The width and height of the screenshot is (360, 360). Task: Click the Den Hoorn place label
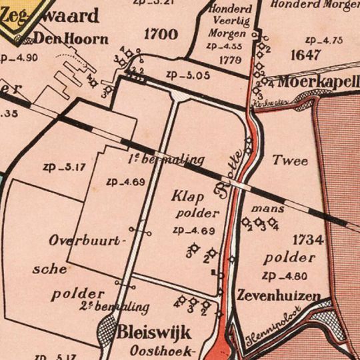[71, 39]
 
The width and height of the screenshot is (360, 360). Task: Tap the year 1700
[161, 35]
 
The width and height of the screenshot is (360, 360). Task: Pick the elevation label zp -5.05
[188, 75]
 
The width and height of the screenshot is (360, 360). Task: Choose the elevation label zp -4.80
[285, 275]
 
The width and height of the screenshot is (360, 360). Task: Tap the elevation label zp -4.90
[19, 57]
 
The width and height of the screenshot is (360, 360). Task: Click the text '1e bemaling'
[164, 159]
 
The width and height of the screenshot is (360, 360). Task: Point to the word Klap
[187, 197]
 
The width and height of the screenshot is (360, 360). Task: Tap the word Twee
[290, 161]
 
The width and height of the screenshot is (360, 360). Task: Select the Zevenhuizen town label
[278, 296]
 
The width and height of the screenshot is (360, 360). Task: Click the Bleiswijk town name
[155, 332]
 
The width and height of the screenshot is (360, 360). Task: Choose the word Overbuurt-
[77, 240]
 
